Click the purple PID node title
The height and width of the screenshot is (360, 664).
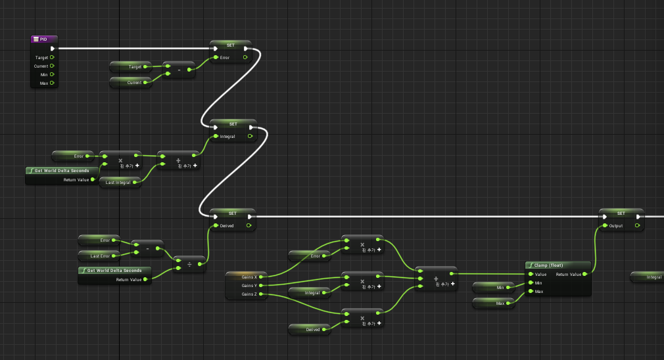(43, 39)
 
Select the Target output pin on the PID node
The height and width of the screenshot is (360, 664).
(51, 57)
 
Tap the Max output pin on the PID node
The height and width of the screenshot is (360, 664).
(51, 83)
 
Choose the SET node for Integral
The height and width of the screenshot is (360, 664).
(233, 123)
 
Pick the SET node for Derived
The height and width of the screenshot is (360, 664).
(232, 213)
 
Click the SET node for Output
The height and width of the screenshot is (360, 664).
(621, 213)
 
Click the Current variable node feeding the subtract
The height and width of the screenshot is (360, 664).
(131, 82)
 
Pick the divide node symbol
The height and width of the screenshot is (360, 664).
(189, 265)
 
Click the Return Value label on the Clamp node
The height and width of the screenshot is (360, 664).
(569, 274)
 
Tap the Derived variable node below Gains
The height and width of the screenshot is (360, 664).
(312, 329)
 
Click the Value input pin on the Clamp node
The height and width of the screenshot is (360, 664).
(531, 274)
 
